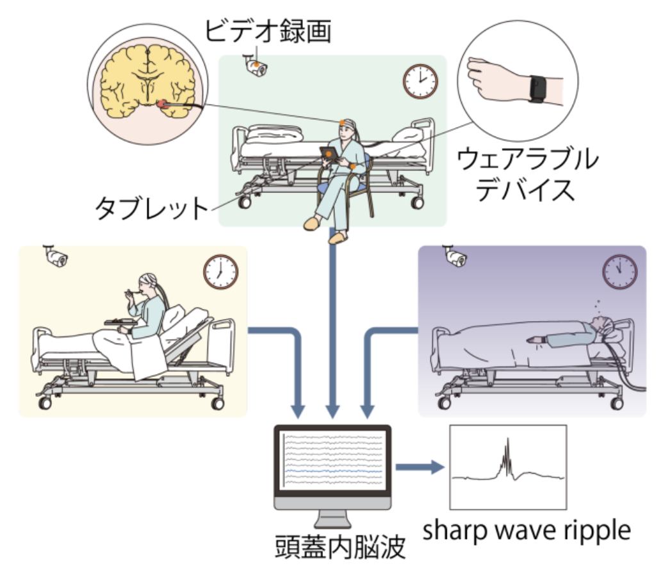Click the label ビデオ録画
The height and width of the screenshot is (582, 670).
pyautogui.click(x=268, y=30)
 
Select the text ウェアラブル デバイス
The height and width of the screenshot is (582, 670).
pyautogui.click(x=527, y=174)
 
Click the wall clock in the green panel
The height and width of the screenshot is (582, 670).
pyautogui.click(x=420, y=80)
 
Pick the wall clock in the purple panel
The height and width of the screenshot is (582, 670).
pyautogui.click(x=620, y=272)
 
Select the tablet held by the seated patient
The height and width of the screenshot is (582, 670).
pyautogui.click(x=329, y=154)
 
